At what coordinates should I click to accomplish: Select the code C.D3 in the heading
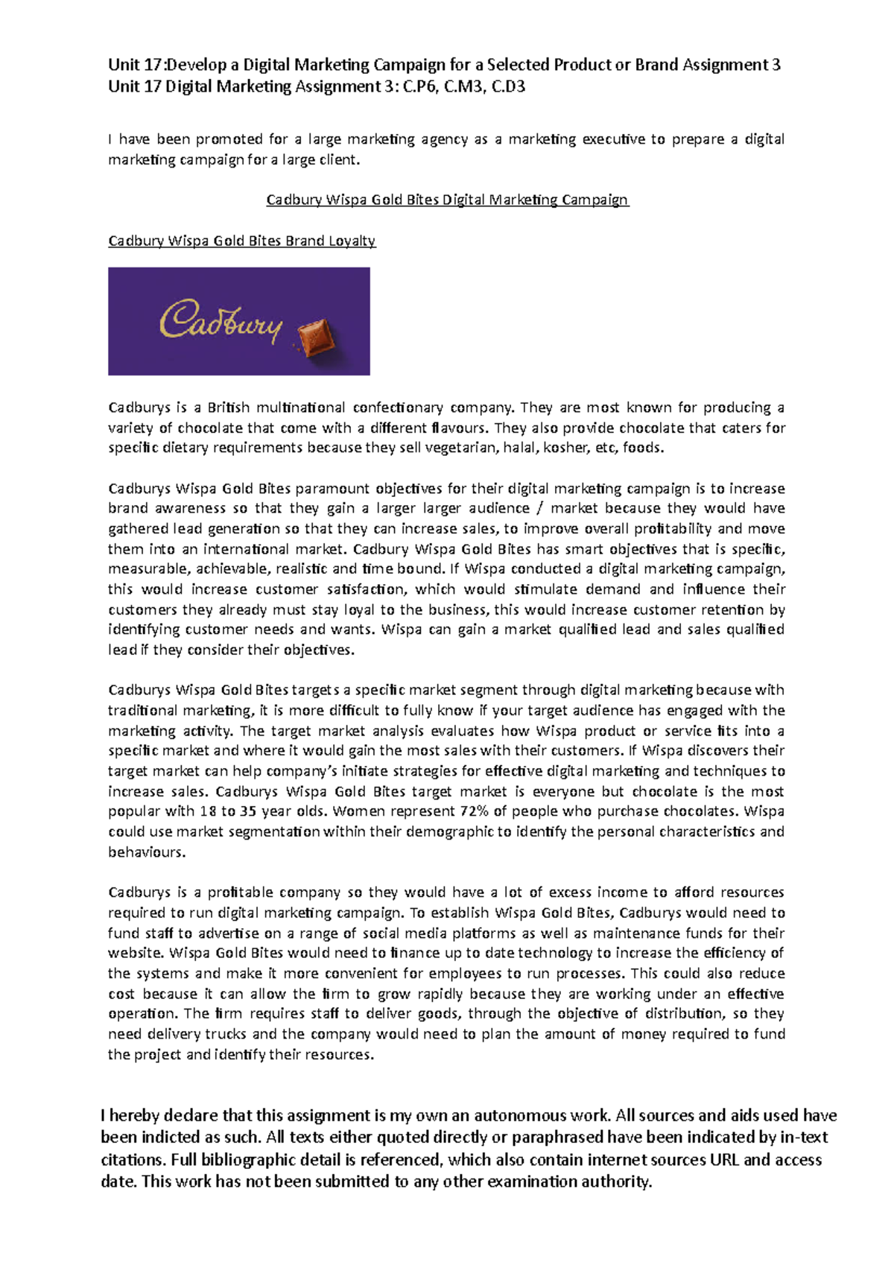click(x=509, y=87)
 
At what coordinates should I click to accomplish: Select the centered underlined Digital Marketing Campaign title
click(x=448, y=200)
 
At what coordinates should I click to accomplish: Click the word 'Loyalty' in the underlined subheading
click(x=355, y=241)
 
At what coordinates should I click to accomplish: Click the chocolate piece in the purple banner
click(x=317, y=338)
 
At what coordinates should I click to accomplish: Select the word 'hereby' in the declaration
click(x=135, y=1115)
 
